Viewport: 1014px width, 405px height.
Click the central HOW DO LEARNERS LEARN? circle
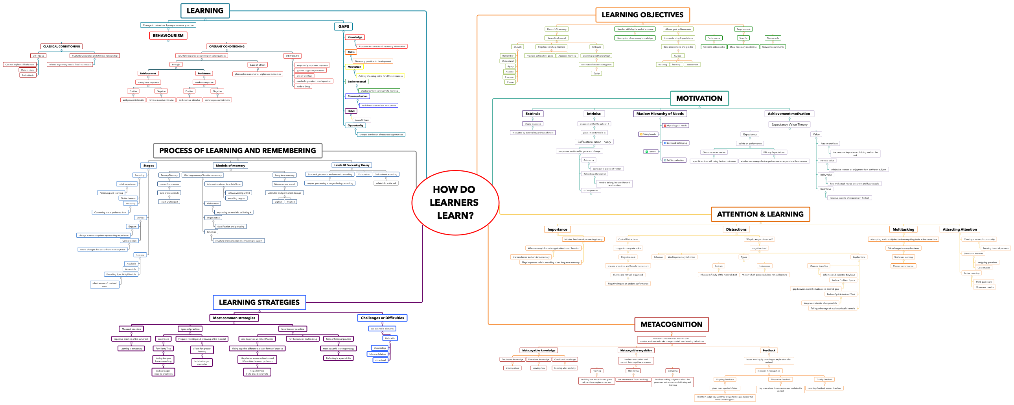(x=455, y=202)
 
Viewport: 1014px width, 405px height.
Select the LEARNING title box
(x=205, y=11)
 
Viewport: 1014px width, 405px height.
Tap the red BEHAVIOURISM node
(x=168, y=35)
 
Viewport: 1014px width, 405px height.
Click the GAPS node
(x=344, y=26)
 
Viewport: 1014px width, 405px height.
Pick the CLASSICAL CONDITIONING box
(x=61, y=46)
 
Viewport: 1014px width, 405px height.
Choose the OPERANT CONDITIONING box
(x=226, y=46)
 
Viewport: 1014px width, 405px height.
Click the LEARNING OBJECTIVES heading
(x=642, y=15)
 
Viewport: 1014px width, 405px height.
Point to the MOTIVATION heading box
(x=699, y=98)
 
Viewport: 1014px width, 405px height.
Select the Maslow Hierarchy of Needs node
(x=660, y=114)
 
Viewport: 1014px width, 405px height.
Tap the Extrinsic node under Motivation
(x=533, y=114)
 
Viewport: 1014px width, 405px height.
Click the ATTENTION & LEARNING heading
(x=760, y=215)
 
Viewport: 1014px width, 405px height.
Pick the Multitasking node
(x=903, y=229)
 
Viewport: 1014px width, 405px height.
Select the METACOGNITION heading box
(x=671, y=325)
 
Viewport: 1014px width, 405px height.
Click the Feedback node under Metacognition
(x=768, y=350)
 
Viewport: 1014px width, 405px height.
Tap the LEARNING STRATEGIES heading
(x=259, y=303)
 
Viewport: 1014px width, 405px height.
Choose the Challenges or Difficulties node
(x=382, y=318)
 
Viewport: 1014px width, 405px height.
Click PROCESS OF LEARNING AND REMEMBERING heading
(x=237, y=151)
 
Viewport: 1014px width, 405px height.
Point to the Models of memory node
(x=230, y=165)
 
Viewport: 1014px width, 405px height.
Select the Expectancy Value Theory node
(x=789, y=124)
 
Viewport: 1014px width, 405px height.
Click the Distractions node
(x=736, y=229)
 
